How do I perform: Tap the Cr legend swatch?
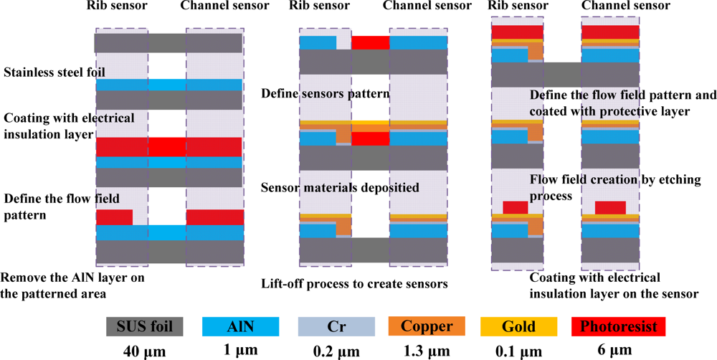tap(336, 327)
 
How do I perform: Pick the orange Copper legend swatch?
tap(429, 327)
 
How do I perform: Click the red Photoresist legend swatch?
tap(617, 327)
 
